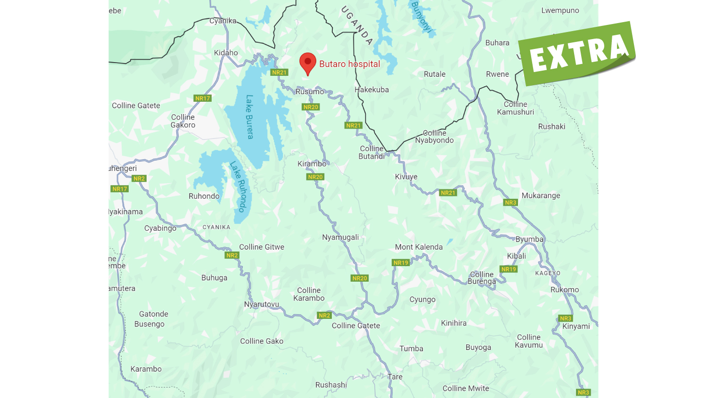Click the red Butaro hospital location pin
[308, 63]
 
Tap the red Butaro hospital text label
[349, 64]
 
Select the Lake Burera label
[249, 117]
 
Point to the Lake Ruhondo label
[238, 187]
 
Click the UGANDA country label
[357, 25]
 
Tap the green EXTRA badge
[578, 53]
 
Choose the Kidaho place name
[226, 53]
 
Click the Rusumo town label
[310, 92]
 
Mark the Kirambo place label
[312, 164]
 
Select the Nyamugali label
[340, 237]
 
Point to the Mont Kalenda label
[419, 247]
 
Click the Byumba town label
[529, 239]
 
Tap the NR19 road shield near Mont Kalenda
[401, 263]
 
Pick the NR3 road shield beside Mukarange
[510, 203]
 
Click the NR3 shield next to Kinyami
[566, 318]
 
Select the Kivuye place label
[406, 177]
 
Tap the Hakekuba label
[371, 89]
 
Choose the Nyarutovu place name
[262, 304]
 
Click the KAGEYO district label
[548, 273]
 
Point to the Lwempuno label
[560, 10]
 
